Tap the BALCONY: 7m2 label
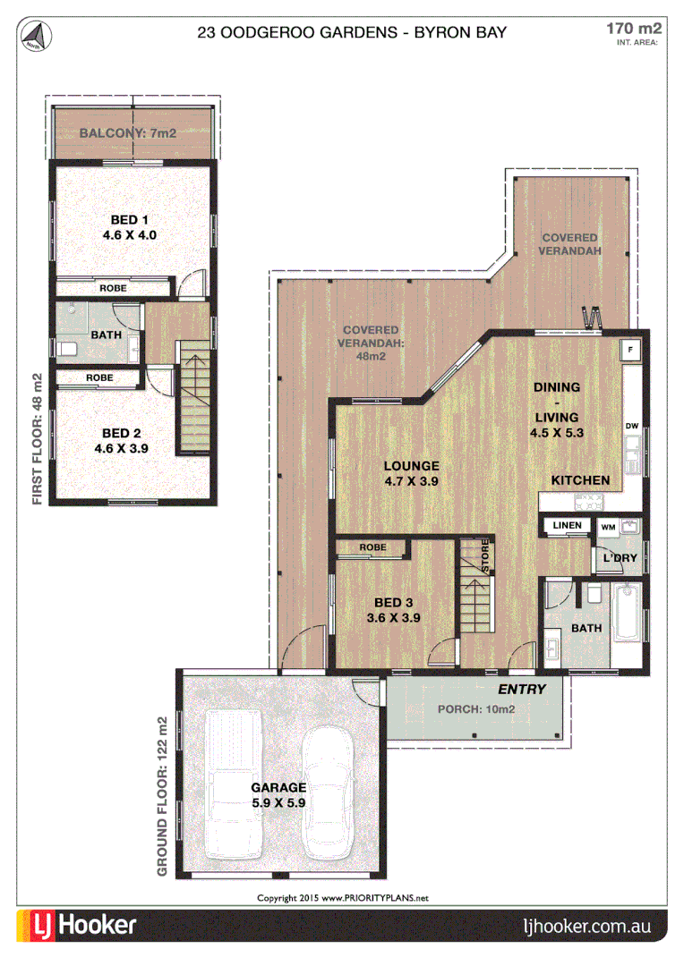(127, 133)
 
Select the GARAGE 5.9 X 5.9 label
(278, 795)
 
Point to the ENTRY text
(521, 689)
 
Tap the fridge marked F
(630, 349)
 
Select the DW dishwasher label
(631, 426)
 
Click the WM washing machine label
(607, 527)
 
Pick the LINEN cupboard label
(567, 525)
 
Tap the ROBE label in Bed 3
(372, 547)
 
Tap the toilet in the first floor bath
(67, 346)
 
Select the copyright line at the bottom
(343, 897)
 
